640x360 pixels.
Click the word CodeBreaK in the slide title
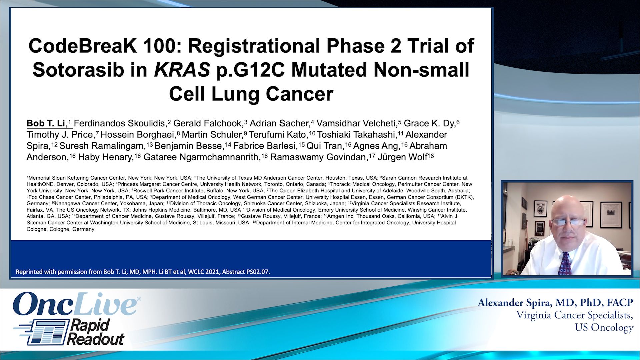click(x=83, y=46)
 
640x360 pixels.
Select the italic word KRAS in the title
click(x=182, y=70)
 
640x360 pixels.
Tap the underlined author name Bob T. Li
click(x=46, y=123)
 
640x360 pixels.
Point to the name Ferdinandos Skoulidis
click(x=119, y=123)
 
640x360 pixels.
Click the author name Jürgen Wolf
click(x=402, y=157)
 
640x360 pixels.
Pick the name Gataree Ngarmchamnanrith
click(x=201, y=157)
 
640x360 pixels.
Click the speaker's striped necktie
click(x=564, y=263)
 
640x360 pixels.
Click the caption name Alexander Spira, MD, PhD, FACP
click(x=555, y=303)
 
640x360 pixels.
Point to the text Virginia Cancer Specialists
click(x=574, y=315)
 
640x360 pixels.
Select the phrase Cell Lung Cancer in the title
click(x=251, y=94)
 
